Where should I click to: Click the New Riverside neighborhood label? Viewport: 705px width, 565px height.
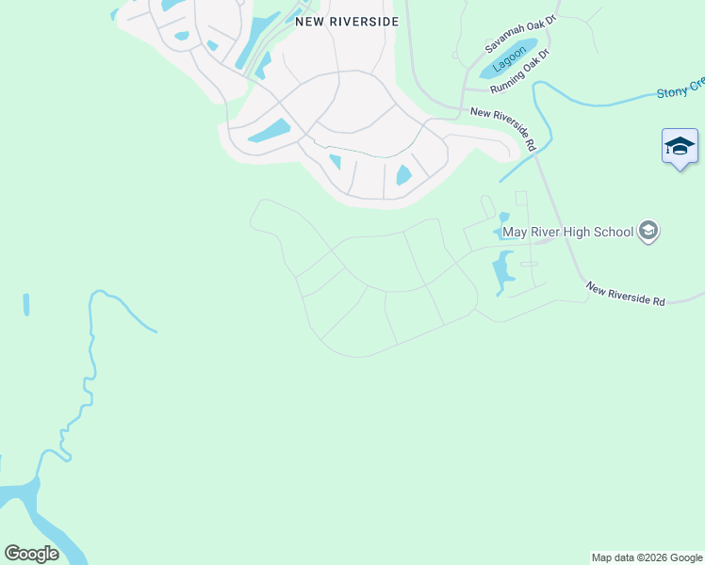tap(347, 21)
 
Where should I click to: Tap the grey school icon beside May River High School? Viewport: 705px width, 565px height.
tap(648, 231)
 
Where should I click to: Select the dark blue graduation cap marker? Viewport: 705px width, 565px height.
tap(680, 147)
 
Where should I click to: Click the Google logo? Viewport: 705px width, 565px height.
tap(31, 554)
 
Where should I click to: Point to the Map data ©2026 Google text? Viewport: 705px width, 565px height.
tap(647, 557)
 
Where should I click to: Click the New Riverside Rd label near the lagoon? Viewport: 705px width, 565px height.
tap(504, 128)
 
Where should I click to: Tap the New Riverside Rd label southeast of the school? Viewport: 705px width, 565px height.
tap(625, 293)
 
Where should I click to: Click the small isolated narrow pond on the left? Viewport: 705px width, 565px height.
tap(26, 304)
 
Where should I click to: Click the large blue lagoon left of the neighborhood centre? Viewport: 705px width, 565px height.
tap(270, 131)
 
